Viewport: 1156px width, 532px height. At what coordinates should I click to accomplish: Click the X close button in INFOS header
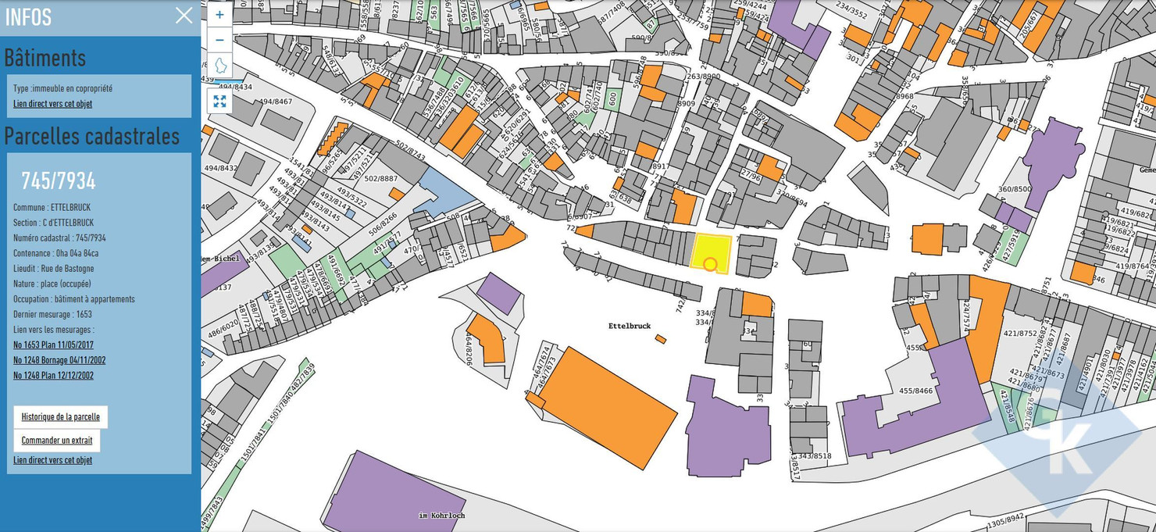pos(184,16)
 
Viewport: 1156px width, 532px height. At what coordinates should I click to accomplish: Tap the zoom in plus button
pos(219,15)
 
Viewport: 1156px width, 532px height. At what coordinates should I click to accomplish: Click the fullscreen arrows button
pos(219,101)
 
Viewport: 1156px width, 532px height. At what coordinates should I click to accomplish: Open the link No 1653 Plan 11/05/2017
pos(53,345)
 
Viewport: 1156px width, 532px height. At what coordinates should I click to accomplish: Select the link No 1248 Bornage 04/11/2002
pos(59,360)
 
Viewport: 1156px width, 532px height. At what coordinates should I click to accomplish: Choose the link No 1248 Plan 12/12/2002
pos(53,375)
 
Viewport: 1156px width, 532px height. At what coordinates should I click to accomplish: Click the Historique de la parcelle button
pos(61,417)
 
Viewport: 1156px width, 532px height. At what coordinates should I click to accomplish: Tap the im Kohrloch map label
pos(441,516)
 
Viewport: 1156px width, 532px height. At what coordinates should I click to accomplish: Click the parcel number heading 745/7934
pos(58,181)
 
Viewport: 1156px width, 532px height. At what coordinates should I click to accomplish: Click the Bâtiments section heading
pos(45,58)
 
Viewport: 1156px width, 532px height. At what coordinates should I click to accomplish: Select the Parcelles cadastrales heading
pos(92,136)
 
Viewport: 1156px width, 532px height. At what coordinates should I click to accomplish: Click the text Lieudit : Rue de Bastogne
pos(52,268)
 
